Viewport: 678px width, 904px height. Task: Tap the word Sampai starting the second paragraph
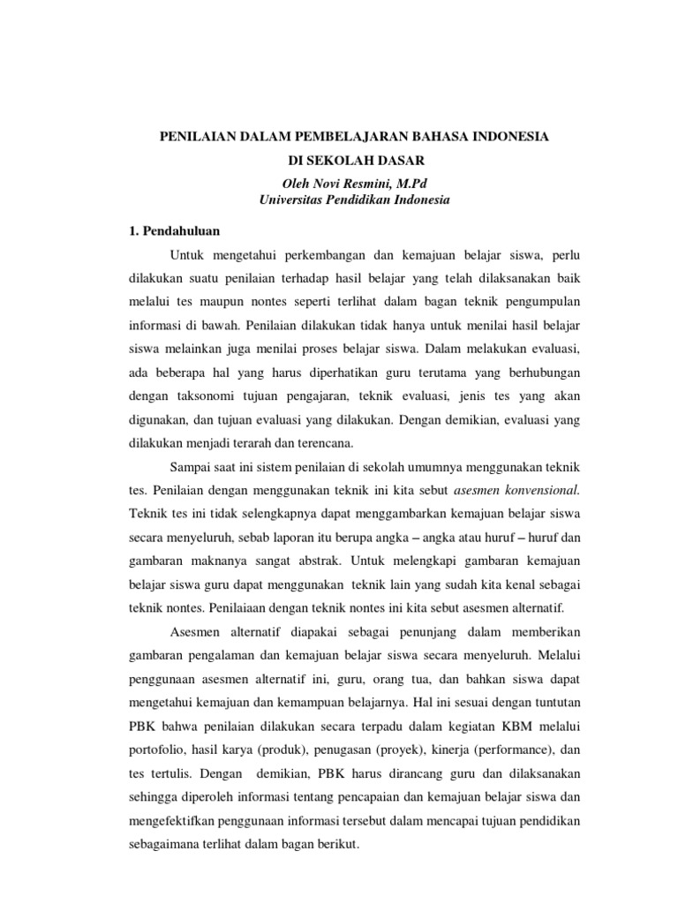pyautogui.click(x=189, y=466)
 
